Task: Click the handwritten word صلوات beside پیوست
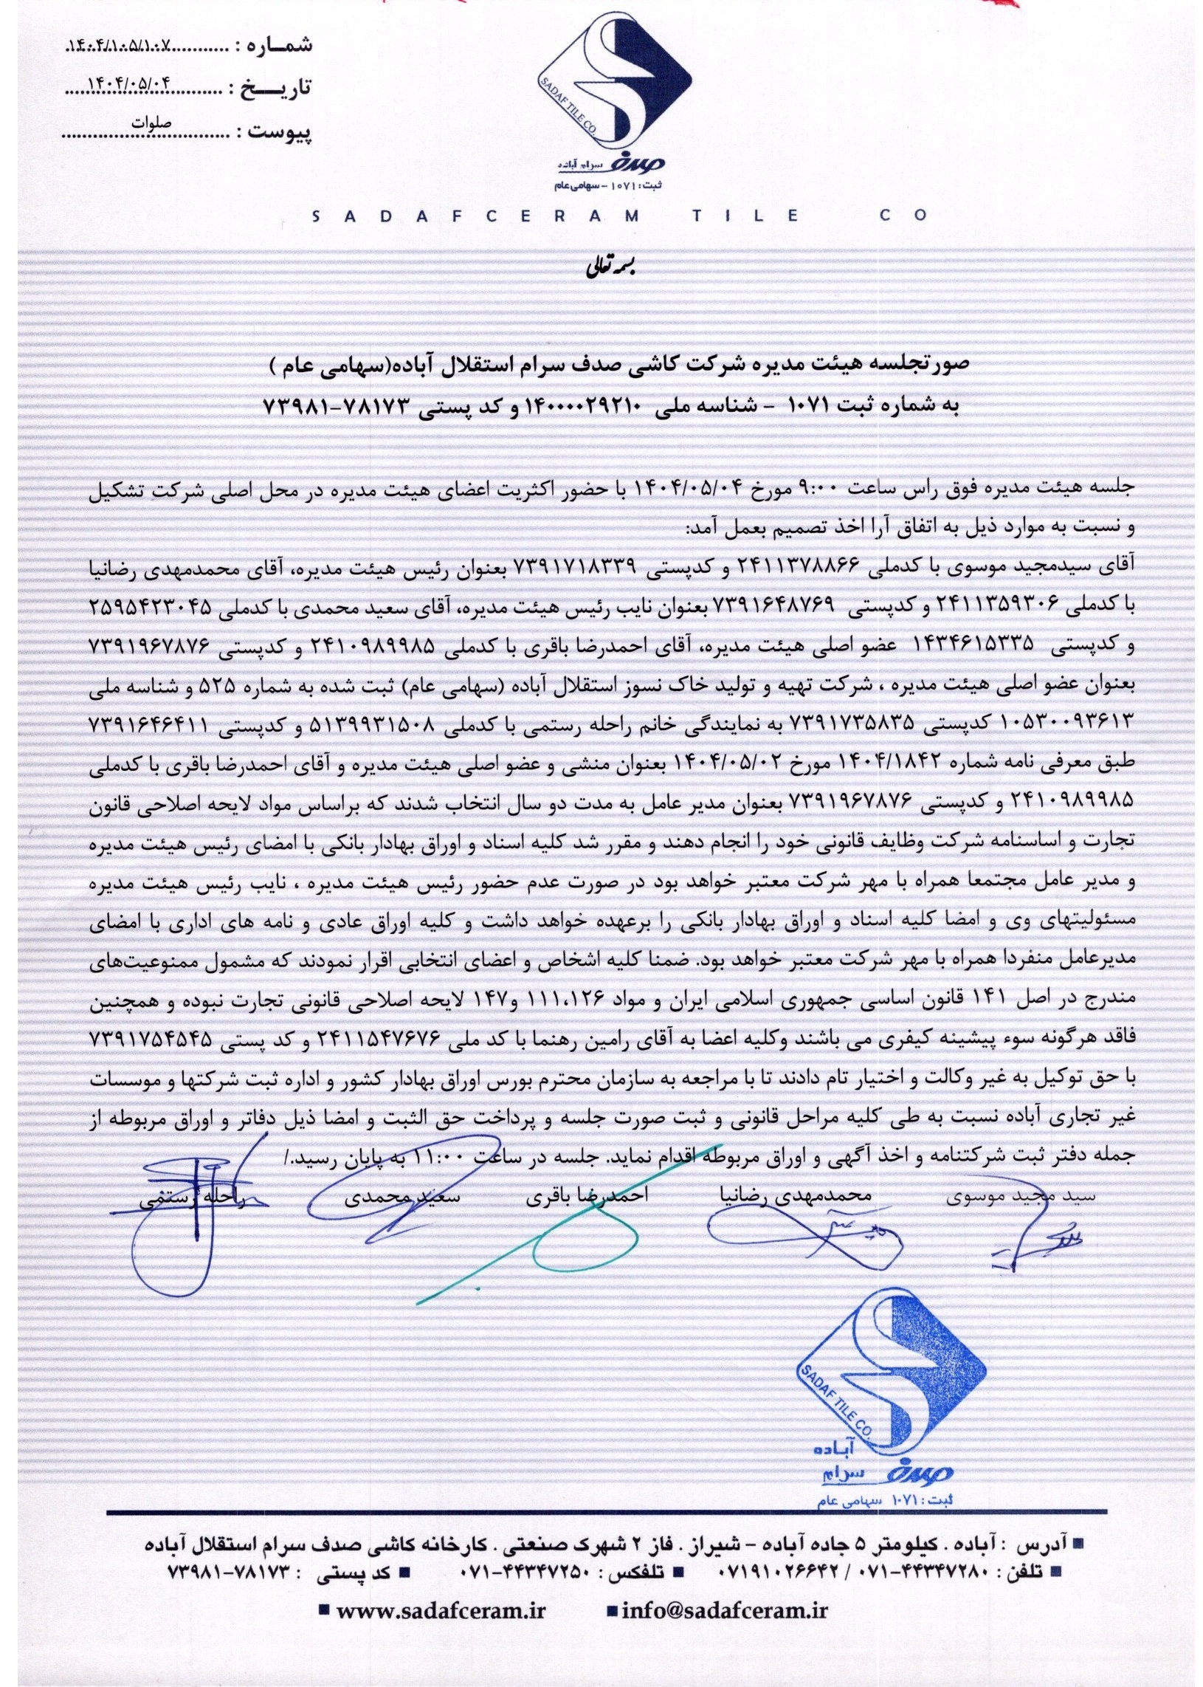(x=151, y=123)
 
